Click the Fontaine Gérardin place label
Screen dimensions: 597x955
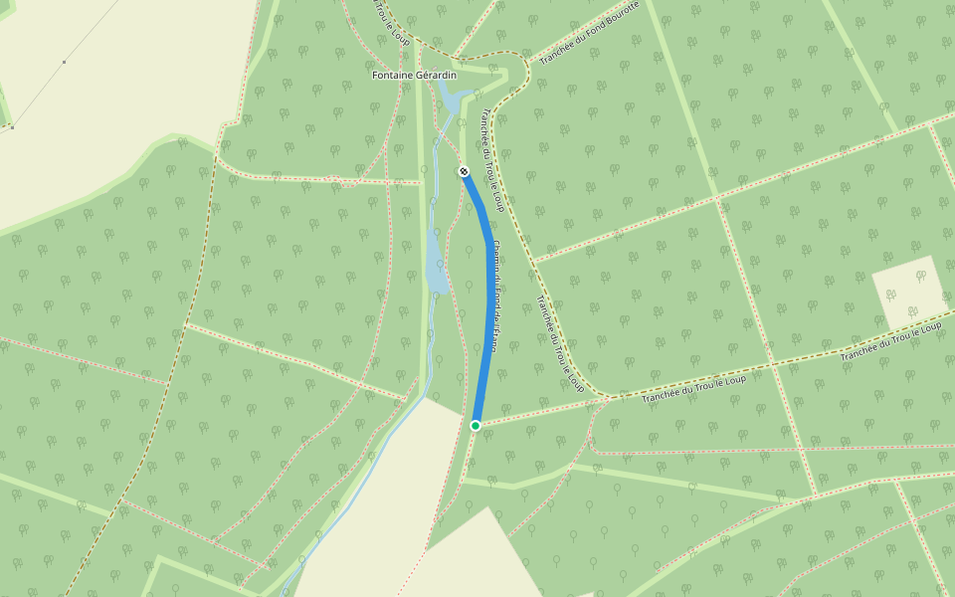pyautogui.click(x=414, y=76)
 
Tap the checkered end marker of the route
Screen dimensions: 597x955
pyautogui.click(x=464, y=172)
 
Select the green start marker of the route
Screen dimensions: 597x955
pyautogui.click(x=476, y=426)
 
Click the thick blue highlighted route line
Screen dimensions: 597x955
pyautogui.click(x=488, y=298)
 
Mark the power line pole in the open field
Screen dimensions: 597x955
pyautogui.click(x=65, y=62)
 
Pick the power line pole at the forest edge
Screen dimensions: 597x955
pyautogui.click(x=12, y=126)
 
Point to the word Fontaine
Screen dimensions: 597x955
pyautogui.click(x=392, y=76)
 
